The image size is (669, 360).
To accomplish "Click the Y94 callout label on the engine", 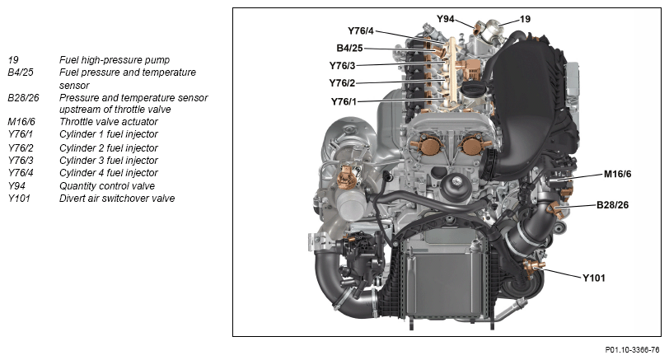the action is [x=446, y=19].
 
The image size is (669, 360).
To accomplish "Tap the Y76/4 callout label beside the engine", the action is [x=361, y=30].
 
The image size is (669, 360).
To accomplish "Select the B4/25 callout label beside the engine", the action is [x=349, y=49].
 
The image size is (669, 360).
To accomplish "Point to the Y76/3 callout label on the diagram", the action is [x=342, y=66].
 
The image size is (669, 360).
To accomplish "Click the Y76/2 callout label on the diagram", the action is [x=342, y=82].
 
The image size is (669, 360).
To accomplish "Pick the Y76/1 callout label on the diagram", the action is [x=344, y=101].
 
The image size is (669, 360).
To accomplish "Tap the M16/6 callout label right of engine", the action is [x=617, y=174].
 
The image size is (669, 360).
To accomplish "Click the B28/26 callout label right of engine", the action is [x=612, y=205].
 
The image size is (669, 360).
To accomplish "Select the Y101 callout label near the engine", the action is [x=594, y=278].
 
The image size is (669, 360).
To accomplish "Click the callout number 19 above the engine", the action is [x=525, y=19].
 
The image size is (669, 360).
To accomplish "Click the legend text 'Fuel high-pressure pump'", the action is [x=115, y=60].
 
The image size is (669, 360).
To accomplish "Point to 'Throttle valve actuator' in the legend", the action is [x=109, y=122].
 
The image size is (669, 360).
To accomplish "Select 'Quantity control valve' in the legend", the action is [x=107, y=186].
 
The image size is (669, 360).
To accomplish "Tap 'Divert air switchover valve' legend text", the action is [x=117, y=199].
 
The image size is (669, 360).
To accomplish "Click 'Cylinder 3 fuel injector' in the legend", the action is [x=109, y=161].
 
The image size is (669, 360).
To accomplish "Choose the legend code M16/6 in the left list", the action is [x=21, y=122].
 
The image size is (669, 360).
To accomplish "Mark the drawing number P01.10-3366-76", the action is [x=632, y=350].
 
